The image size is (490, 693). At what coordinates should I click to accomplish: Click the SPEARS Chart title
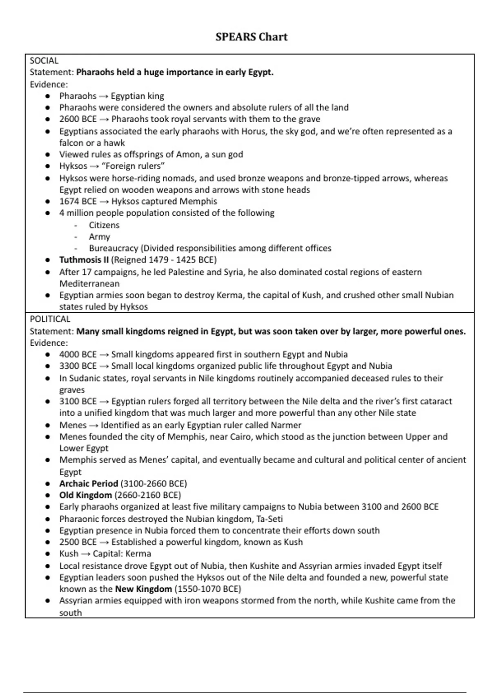[251, 37]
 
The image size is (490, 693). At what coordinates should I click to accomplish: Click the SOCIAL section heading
[44, 60]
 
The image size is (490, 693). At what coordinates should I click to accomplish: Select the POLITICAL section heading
[50, 319]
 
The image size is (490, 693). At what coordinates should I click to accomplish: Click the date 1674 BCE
[78, 201]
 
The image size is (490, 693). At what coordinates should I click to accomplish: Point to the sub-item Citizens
[104, 225]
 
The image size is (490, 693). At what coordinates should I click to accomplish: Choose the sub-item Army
[99, 236]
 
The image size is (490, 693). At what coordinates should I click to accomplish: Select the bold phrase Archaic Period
[88, 483]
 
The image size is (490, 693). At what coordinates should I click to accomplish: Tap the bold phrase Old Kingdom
[85, 495]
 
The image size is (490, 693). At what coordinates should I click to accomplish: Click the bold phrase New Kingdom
[143, 589]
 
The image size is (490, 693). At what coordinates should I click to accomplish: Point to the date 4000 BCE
[78, 354]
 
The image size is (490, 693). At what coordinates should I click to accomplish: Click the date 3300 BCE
[78, 366]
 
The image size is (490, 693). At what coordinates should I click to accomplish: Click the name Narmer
[285, 425]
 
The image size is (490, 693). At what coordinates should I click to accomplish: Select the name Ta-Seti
[269, 519]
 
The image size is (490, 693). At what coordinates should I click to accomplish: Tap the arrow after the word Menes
[94, 425]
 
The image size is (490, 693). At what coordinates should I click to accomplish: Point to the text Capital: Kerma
[122, 554]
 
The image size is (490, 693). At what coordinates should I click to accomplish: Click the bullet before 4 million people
[48, 213]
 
